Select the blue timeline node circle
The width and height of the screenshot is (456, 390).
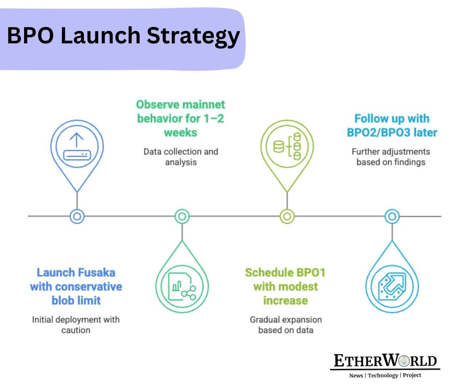tap(77, 217)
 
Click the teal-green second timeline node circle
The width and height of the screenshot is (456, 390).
tap(182, 217)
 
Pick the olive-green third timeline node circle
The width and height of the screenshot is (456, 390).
tap(287, 217)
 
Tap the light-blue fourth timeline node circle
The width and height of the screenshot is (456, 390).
tap(392, 217)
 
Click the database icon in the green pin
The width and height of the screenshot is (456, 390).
tap(287, 147)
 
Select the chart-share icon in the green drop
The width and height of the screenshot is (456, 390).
tap(182, 286)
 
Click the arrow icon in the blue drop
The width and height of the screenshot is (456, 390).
tap(392, 286)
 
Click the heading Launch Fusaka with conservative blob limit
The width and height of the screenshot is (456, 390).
tap(76, 286)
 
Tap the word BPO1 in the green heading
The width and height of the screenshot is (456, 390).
tap(311, 273)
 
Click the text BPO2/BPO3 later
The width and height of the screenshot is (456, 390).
tap(392, 132)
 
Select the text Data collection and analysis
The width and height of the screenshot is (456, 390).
tap(180, 157)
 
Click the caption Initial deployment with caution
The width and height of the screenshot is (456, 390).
tap(76, 325)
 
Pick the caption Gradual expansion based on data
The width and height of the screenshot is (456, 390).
tap(286, 325)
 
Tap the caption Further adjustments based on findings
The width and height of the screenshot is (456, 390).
tap(391, 157)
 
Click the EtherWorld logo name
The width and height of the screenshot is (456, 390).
tap(385, 361)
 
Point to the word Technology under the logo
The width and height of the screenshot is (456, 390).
tap(383, 375)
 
